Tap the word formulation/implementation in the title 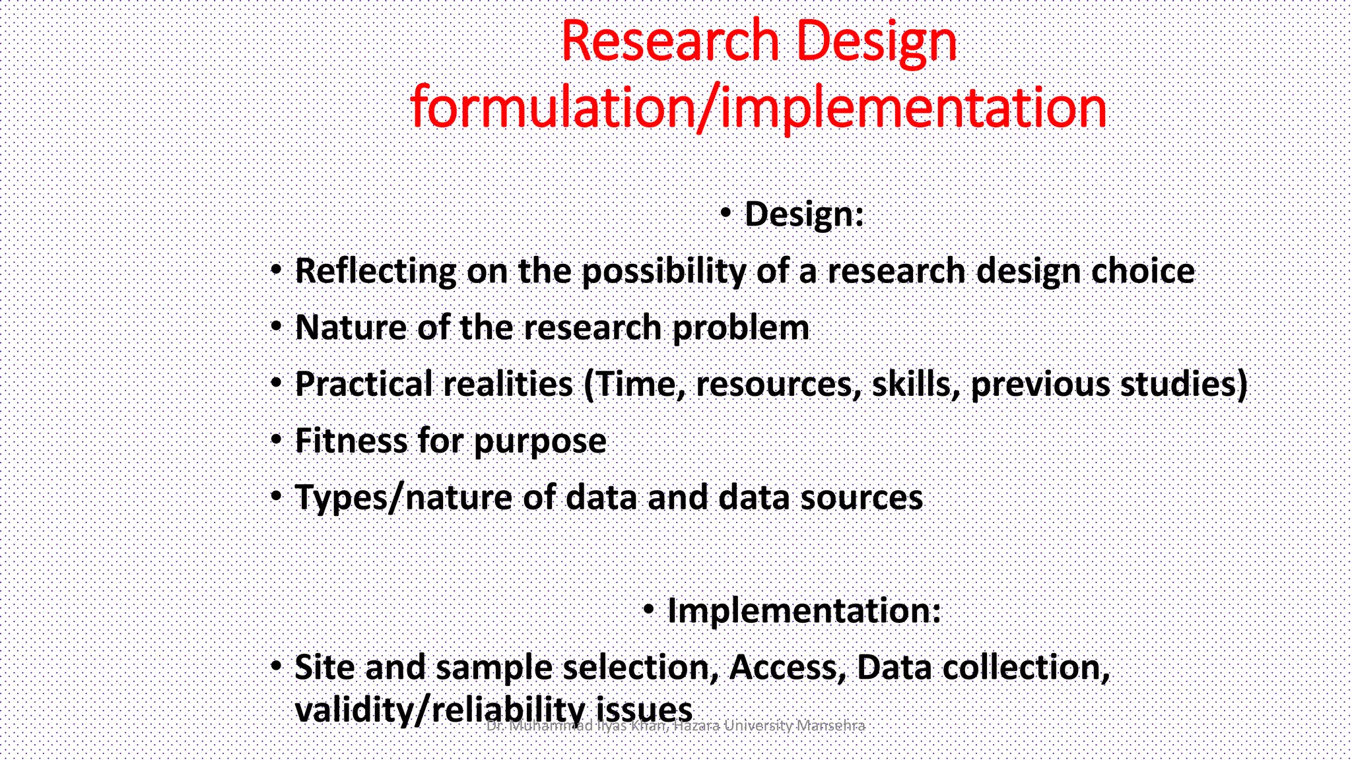tap(758, 108)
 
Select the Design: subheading tap(803, 214)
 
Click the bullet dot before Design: tap(726, 213)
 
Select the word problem tap(740, 328)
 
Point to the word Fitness tap(351, 441)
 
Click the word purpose tap(540, 441)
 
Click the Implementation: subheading tap(803, 611)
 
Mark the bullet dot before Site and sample tap(276, 666)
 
